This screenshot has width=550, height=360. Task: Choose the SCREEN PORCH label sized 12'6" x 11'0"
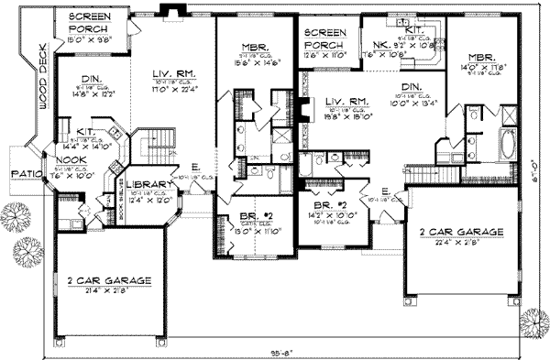325,38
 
